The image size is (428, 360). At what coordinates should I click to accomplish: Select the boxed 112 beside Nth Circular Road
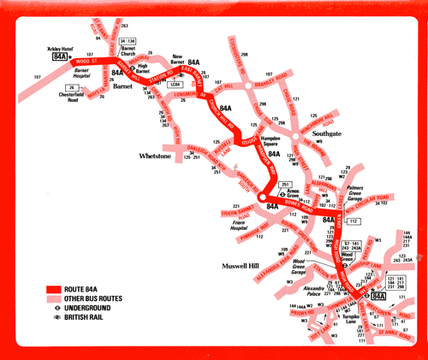pos(354,222)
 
